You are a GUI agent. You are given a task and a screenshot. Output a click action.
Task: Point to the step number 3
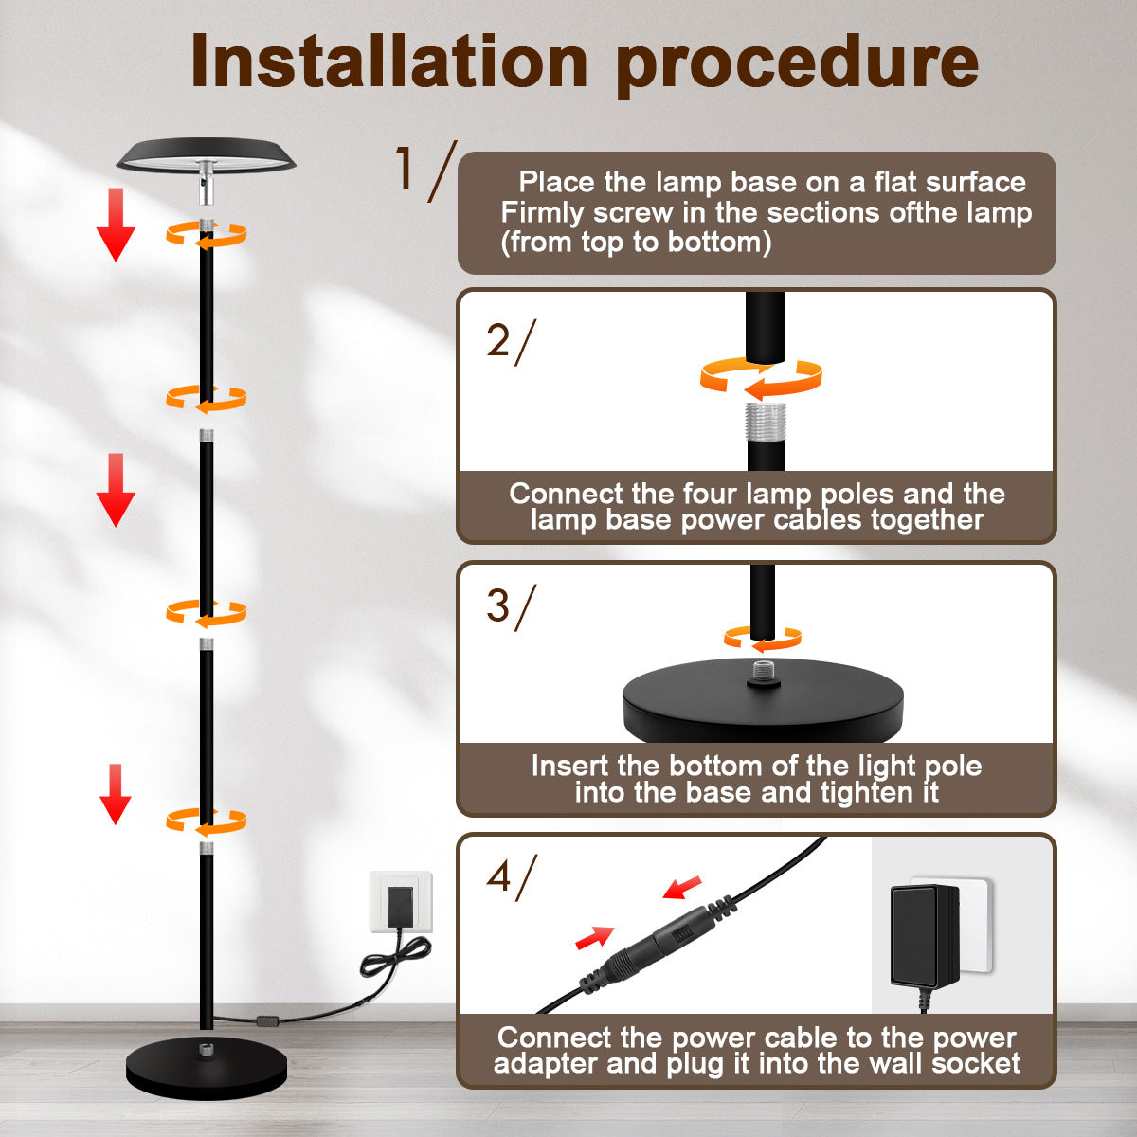click(x=498, y=605)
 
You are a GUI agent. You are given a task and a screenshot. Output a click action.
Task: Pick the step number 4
click(x=498, y=876)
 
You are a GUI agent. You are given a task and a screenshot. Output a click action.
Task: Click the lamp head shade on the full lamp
click(x=206, y=155)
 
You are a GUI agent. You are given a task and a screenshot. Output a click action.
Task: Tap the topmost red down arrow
click(x=117, y=225)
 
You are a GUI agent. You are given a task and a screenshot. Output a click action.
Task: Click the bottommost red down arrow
click(x=116, y=794)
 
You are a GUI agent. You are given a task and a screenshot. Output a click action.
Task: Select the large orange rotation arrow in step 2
click(x=761, y=378)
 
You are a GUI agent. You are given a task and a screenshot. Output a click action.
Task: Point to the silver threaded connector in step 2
click(x=765, y=422)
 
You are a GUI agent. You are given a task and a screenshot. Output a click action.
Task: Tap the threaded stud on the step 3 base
click(x=764, y=671)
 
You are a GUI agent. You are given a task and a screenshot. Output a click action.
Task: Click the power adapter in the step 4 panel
click(x=925, y=937)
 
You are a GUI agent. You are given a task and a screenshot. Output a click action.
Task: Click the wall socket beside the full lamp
click(x=401, y=901)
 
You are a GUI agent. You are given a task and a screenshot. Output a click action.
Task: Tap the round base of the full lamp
click(x=207, y=1066)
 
